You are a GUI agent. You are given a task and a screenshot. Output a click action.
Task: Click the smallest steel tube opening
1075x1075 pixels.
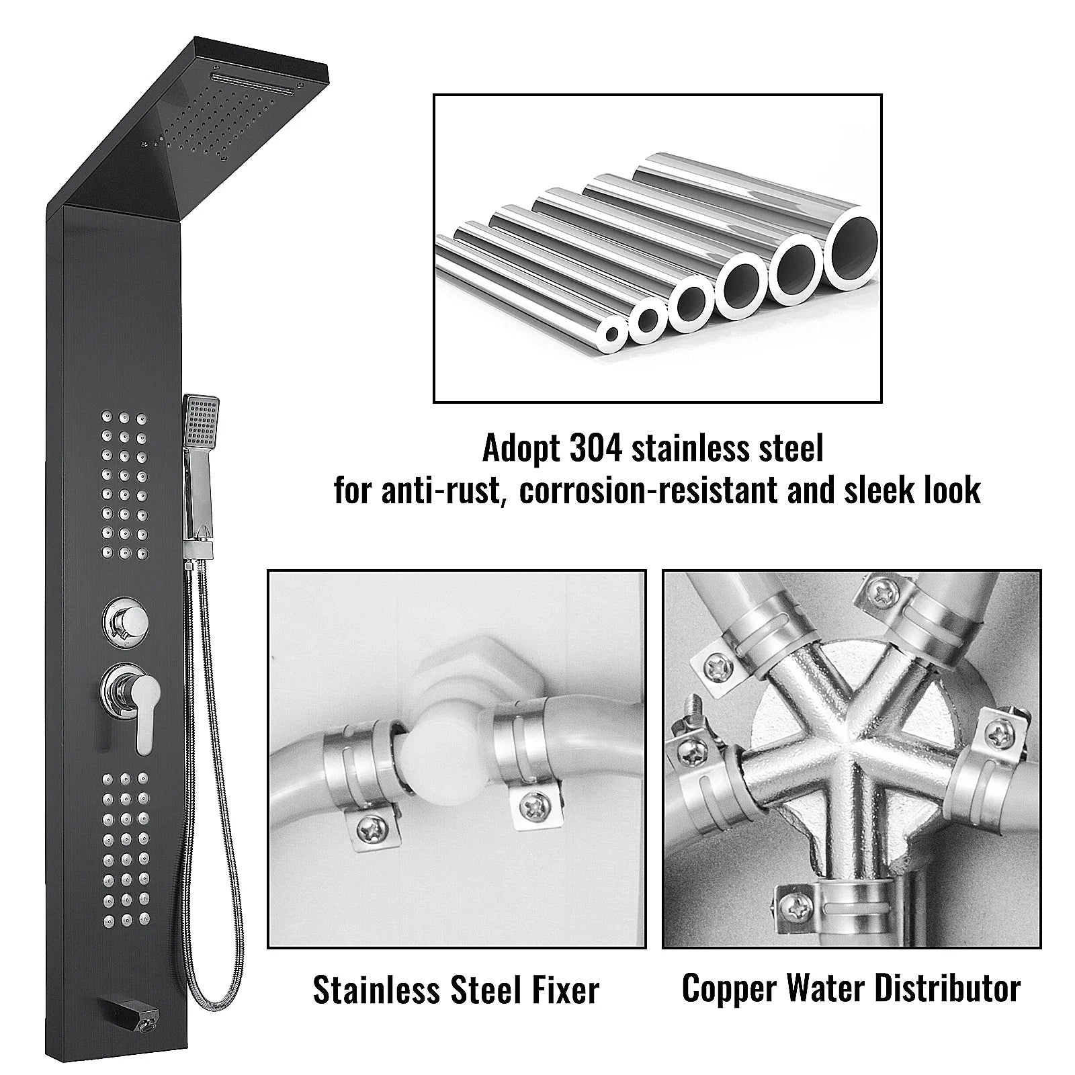pos(611,334)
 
